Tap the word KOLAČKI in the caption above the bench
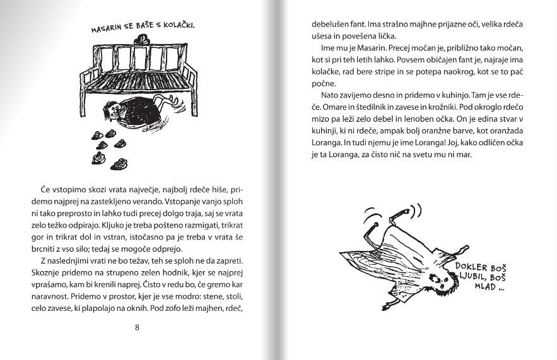pyautogui.click(x=179, y=26)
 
